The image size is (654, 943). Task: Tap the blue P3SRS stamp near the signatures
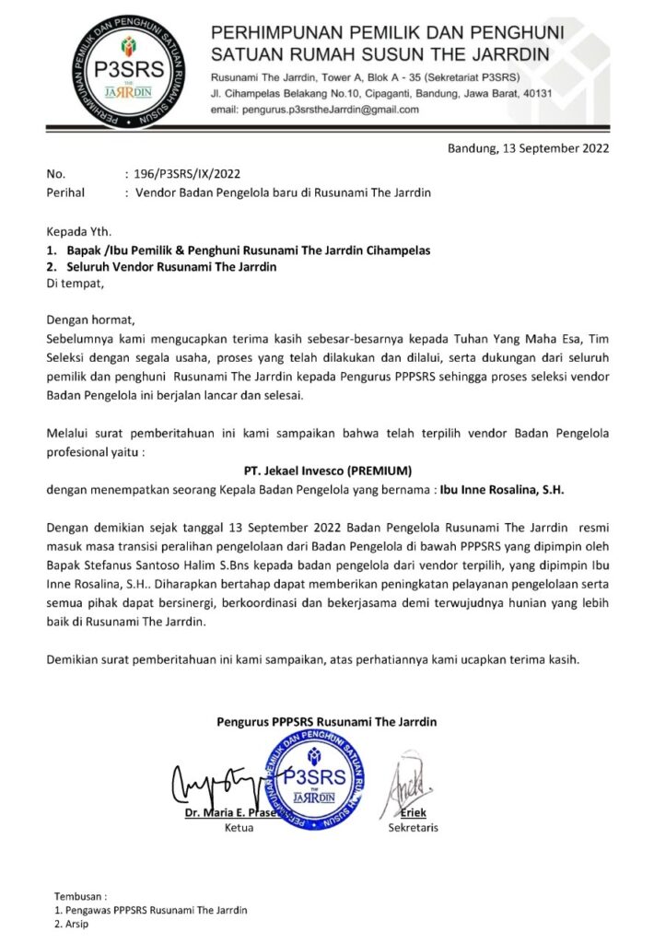(x=316, y=775)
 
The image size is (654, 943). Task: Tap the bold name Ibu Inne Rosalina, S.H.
(x=501, y=490)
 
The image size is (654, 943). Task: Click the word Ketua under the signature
(x=239, y=828)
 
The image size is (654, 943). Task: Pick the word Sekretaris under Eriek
(x=414, y=828)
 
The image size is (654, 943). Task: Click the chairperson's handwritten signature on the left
(x=216, y=781)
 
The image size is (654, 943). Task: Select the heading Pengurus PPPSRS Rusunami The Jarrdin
(x=327, y=721)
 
